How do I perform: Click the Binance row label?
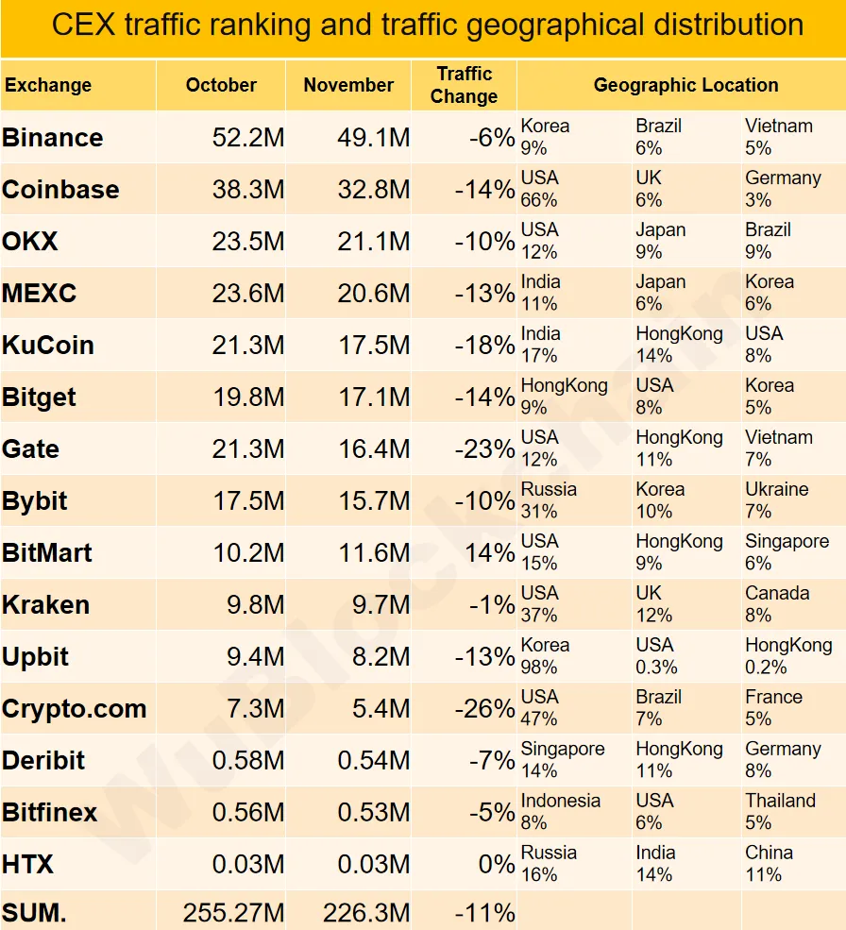53,138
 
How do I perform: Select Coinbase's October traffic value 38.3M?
247,190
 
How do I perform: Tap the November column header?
348,85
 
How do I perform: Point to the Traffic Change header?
464,85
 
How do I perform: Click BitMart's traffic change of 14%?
490,552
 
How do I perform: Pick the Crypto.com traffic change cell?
484,708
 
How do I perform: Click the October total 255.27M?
233,913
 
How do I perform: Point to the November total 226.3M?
366,913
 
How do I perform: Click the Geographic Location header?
685,85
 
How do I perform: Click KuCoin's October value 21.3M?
247,346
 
